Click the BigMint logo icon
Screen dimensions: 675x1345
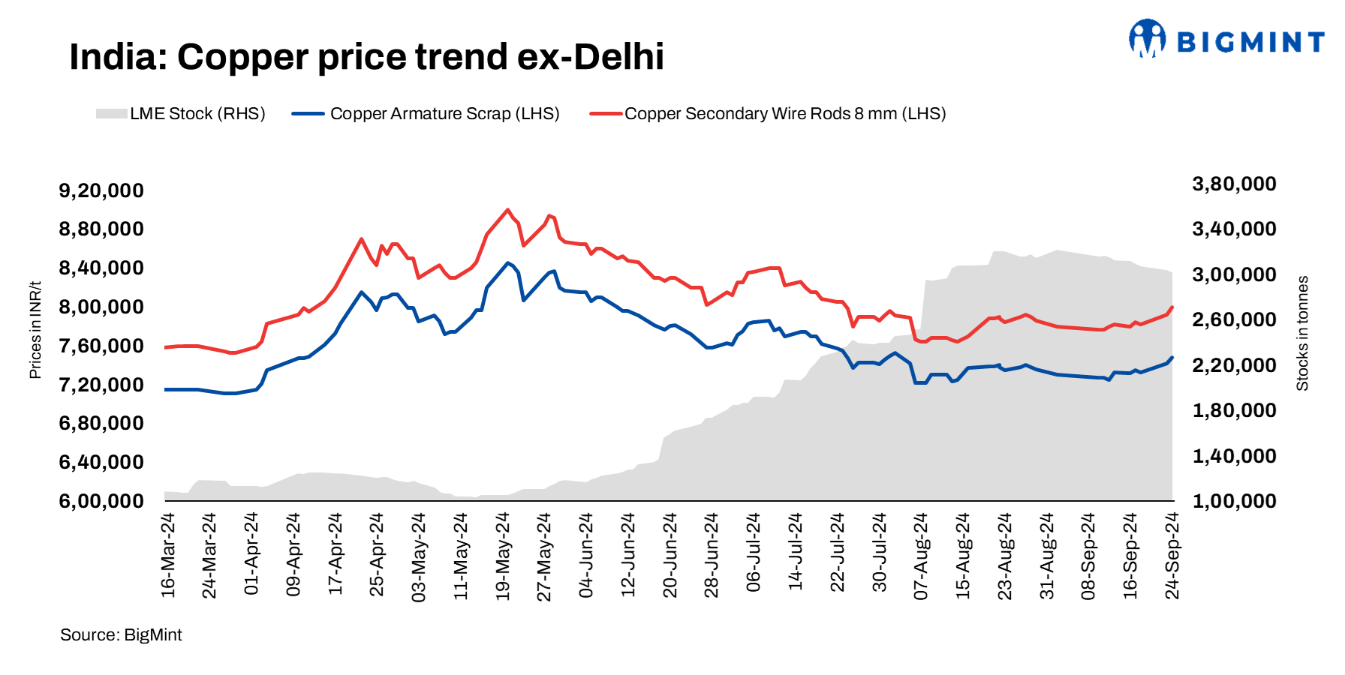1147,38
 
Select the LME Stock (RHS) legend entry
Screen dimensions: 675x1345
181,114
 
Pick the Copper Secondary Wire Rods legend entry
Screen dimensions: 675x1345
768,114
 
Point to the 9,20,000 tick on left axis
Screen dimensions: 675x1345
101,190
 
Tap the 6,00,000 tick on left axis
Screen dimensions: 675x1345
101,501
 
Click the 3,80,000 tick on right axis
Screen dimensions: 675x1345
1234,184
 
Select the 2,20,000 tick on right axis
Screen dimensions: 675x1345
1234,365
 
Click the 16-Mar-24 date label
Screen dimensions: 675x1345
168,556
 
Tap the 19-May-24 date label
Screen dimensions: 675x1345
503,556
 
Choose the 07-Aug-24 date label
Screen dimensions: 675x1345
921,556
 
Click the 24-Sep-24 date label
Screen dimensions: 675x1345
1172,556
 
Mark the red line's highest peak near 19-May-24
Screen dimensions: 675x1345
507,210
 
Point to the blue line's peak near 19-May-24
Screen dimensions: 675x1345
507,262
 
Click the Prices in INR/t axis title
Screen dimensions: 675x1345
35,330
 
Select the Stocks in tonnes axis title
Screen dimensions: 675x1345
1302,334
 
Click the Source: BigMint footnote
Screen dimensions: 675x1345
121,635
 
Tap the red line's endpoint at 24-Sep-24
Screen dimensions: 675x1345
1172,307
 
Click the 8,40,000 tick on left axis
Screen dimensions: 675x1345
101,268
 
